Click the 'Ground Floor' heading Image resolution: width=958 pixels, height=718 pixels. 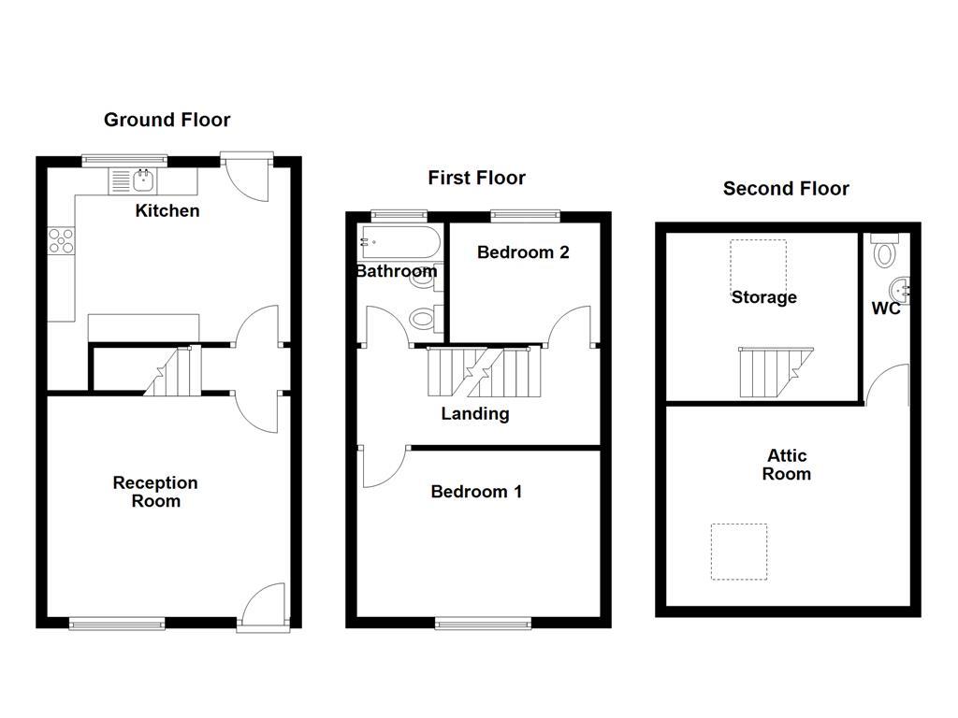click(167, 120)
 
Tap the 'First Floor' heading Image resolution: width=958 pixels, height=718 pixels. click(476, 178)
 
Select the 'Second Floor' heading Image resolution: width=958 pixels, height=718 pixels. click(786, 189)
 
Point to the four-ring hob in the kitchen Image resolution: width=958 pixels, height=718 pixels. click(62, 240)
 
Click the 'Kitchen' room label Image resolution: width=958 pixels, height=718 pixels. click(167, 210)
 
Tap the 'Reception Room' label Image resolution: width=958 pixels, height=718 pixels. click(155, 492)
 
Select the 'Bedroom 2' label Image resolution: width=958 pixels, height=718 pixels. click(523, 251)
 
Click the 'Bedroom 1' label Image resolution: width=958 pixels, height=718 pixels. click(476, 492)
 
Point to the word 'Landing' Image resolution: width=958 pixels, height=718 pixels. click(475, 413)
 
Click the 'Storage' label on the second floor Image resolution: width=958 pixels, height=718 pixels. click(764, 297)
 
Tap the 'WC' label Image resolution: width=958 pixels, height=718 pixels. click(886, 309)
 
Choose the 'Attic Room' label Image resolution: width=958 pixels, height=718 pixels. click(787, 465)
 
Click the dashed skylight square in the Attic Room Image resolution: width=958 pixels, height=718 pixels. click(739, 552)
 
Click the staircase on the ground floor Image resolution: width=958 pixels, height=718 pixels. click(173, 370)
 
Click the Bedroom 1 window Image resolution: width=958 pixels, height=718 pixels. click(483, 621)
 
